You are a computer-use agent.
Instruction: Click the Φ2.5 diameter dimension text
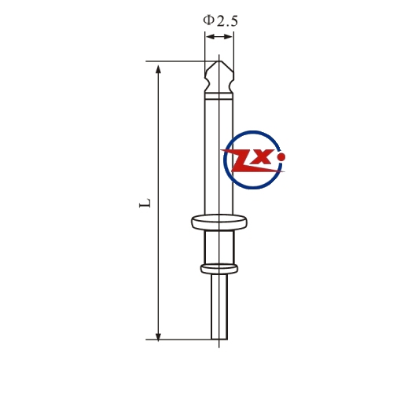pyautogui.click(x=221, y=20)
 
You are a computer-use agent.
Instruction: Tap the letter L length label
pyautogui.click(x=145, y=203)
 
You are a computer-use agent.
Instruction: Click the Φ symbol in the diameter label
pyautogui.click(x=209, y=20)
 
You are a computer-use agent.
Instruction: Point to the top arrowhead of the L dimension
pyautogui.click(x=158, y=69)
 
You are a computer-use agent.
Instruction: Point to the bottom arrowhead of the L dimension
pyautogui.click(x=158, y=336)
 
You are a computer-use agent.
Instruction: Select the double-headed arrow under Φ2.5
pyautogui.click(x=219, y=37)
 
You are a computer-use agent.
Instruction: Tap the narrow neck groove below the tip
pyautogui.click(x=219, y=84)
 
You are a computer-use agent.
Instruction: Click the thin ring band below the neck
pyautogui.click(x=219, y=97)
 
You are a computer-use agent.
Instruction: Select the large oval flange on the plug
pyautogui.click(x=219, y=222)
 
